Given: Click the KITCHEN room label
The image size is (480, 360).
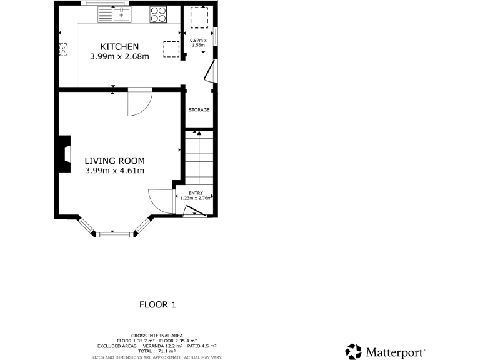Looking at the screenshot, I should pos(120,47).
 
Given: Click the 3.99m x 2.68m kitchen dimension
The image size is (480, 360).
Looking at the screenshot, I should pos(120,57).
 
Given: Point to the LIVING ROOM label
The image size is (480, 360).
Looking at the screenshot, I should pos(114,161).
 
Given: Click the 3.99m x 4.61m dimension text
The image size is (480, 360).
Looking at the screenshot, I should pos(115,171).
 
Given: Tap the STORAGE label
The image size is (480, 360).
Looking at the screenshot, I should pos(199,110).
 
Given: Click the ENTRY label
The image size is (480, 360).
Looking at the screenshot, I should pos(196,193).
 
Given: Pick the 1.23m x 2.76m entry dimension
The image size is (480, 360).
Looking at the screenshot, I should pos(196,199).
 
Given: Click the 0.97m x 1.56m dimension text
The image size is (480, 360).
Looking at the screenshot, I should pos(198,43).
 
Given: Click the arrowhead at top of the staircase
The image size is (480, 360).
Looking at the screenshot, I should pos(197,132).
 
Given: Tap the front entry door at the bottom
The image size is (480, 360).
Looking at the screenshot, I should pos(195,211).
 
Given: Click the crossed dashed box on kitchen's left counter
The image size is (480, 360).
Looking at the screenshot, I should pos(63,50).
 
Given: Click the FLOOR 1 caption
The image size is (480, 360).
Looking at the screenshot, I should pos(157,305).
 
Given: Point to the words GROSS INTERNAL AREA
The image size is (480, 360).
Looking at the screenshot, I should pos(156,336).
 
